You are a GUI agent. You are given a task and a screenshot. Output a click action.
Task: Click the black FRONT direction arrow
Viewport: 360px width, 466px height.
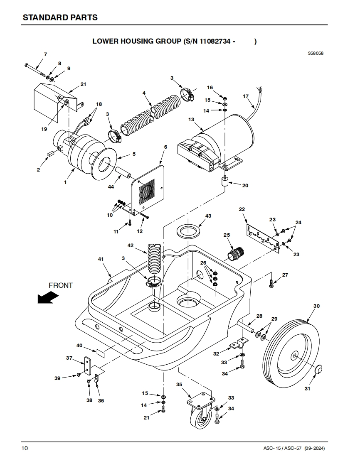click(48, 297)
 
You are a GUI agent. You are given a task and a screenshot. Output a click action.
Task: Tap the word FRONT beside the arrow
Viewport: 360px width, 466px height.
click(61, 285)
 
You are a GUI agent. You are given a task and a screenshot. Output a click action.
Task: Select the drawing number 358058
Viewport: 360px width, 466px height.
click(316, 54)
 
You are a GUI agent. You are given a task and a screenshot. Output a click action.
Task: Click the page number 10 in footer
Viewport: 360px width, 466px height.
click(25, 448)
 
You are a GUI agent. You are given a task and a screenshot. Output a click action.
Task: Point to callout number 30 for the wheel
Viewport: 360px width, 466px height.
click(317, 306)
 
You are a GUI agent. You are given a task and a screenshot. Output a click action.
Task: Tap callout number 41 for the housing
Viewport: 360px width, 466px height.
click(101, 259)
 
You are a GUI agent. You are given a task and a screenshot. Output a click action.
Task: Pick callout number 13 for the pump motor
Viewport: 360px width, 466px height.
click(191, 120)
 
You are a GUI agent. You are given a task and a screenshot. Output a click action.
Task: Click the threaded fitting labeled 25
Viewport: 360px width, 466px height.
click(236, 253)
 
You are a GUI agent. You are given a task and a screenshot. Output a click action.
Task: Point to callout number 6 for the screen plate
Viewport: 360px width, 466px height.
click(166, 147)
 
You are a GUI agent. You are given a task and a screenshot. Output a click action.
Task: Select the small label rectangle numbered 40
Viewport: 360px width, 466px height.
click(101, 353)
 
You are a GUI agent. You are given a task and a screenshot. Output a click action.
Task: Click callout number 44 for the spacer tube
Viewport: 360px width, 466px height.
click(111, 186)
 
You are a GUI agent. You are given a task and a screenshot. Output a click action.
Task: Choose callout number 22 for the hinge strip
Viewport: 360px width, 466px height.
click(242, 209)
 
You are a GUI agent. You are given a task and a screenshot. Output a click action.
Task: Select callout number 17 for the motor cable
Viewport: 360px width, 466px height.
click(245, 96)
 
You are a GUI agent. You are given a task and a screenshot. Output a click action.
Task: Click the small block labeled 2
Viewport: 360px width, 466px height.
click(50, 154)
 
